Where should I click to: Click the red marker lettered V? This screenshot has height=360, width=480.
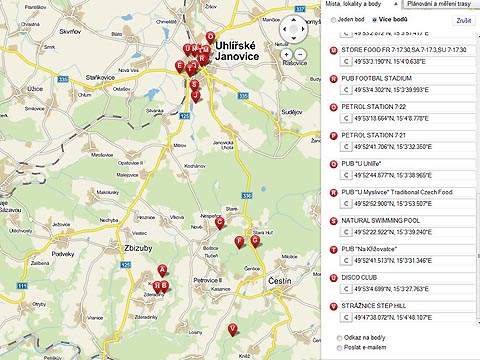coord(233,329)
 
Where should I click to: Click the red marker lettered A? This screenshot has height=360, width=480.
coord(162,270)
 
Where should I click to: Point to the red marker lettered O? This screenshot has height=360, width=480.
coord(210,38)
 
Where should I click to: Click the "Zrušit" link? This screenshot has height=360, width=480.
coord(464,19)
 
